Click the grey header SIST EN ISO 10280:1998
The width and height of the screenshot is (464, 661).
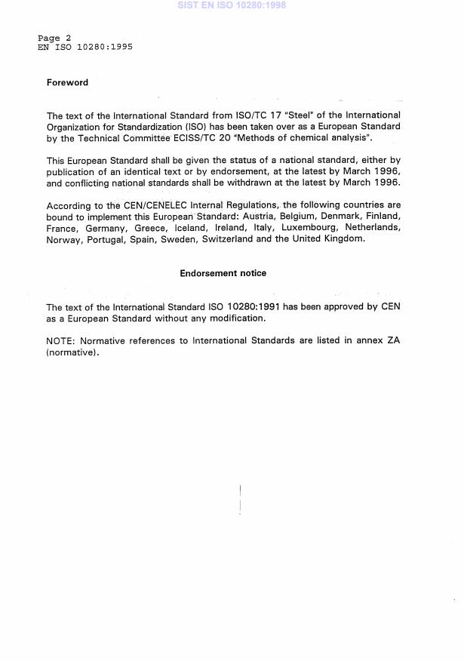click(232, 5)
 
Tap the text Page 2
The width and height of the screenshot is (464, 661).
click(54, 38)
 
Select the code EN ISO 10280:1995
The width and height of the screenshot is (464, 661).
click(85, 47)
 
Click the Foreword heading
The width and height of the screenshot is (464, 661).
click(67, 83)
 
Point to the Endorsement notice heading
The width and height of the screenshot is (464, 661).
click(223, 273)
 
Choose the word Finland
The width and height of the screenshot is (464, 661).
click(380, 217)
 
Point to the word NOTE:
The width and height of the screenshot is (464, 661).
click(60, 341)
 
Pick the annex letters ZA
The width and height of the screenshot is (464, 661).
click(393, 341)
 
